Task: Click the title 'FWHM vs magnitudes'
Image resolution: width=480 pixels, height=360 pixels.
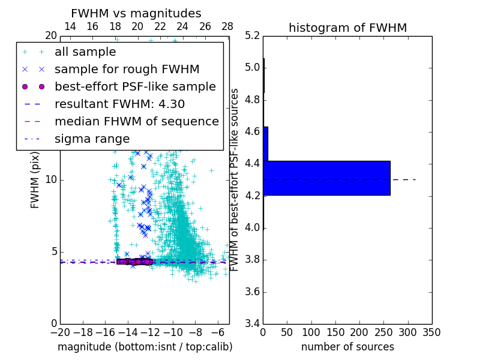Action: coord(136,14)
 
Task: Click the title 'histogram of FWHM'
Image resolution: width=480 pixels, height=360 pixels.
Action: coord(347,28)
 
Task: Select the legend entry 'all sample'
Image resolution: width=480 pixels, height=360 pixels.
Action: coord(85,52)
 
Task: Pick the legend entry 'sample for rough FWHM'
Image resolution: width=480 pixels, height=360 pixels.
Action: coord(127,70)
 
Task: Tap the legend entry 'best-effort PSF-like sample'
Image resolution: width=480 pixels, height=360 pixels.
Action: coord(135,86)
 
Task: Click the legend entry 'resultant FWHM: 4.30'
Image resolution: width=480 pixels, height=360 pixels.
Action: coord(119,104)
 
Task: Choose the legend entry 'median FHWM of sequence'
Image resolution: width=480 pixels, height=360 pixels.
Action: coord(136,121)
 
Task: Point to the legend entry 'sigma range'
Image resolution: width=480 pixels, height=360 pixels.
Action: coord(92,139)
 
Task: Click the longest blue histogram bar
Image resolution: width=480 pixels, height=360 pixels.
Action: coord(326,178)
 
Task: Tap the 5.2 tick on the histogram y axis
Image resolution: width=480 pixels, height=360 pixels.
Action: coord(252,35)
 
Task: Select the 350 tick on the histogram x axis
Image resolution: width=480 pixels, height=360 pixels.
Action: coord(431,332)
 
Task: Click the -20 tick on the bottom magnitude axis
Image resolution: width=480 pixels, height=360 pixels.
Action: coord(60,332)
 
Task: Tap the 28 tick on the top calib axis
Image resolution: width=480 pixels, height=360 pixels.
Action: coord(227,26)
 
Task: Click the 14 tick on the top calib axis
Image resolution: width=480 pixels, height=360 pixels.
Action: coord(70,26)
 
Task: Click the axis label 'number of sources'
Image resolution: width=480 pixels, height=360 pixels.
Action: coord(347,347)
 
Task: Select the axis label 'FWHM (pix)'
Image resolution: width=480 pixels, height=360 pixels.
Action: coord(35,180)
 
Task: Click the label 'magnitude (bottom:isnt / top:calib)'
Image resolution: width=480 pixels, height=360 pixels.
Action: coord(145,347)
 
